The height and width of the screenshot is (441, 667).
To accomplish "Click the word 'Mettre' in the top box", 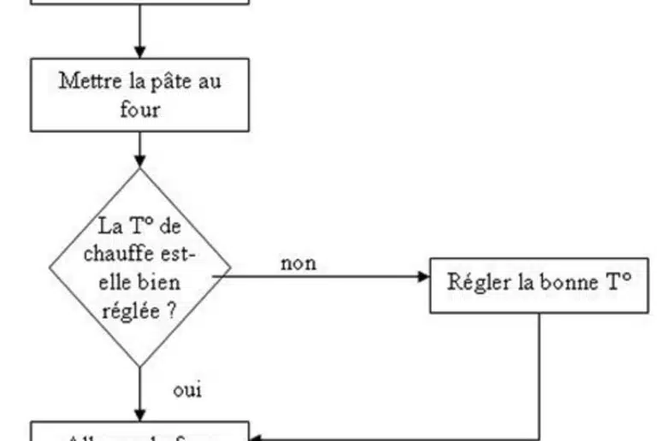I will pyautogui.click(x=86, y=83).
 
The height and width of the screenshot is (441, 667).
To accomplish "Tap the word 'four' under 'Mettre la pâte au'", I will pyautogui.click(x=140, y=109).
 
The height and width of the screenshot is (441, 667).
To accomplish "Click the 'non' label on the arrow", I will pyautogui.click(x=298, y=263).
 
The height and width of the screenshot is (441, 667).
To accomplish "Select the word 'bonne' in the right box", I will pyautogui.click(x=564, y=283).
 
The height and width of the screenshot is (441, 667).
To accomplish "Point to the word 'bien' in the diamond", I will pyautogui.click(x=160, y=282).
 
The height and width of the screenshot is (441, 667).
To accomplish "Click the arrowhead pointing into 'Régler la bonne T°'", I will pyautogui.click(x=423, y=276).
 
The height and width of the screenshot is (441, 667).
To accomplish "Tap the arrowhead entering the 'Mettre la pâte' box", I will pyautogui.click(x=140, y=52).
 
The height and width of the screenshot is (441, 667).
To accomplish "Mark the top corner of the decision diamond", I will pyautogui.click(x=140, y=169).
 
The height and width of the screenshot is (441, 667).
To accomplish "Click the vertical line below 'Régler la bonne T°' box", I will pyautogui.click(x=540, y=367).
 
